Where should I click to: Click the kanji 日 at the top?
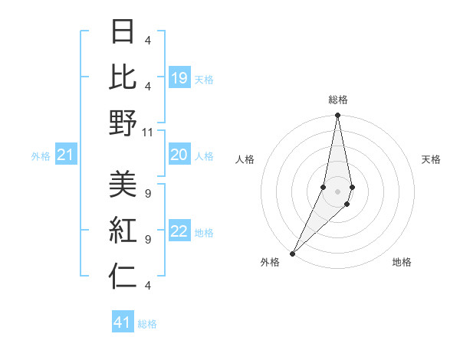coord(123,33)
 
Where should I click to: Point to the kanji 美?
coord(123,184)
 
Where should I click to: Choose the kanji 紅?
coord(123,230)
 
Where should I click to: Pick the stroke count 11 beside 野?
coord(148,132)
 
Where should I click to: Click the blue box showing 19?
coord(179,77)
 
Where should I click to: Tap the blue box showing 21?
coord(65,155)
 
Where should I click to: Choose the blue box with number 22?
coord(179,232)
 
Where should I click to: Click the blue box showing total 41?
coord(123,322)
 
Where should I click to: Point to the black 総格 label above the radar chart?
coord(338,100)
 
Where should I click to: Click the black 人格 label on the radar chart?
coord(245,159)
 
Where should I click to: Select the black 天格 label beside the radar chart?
coord(431,159)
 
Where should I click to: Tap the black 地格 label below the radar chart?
coord(402,262)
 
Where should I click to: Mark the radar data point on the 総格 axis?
coord(337,116)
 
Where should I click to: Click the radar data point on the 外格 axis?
coord(292,254)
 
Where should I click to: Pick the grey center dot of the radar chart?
coord(337,191)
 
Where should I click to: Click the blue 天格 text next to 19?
coord(204,79)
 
